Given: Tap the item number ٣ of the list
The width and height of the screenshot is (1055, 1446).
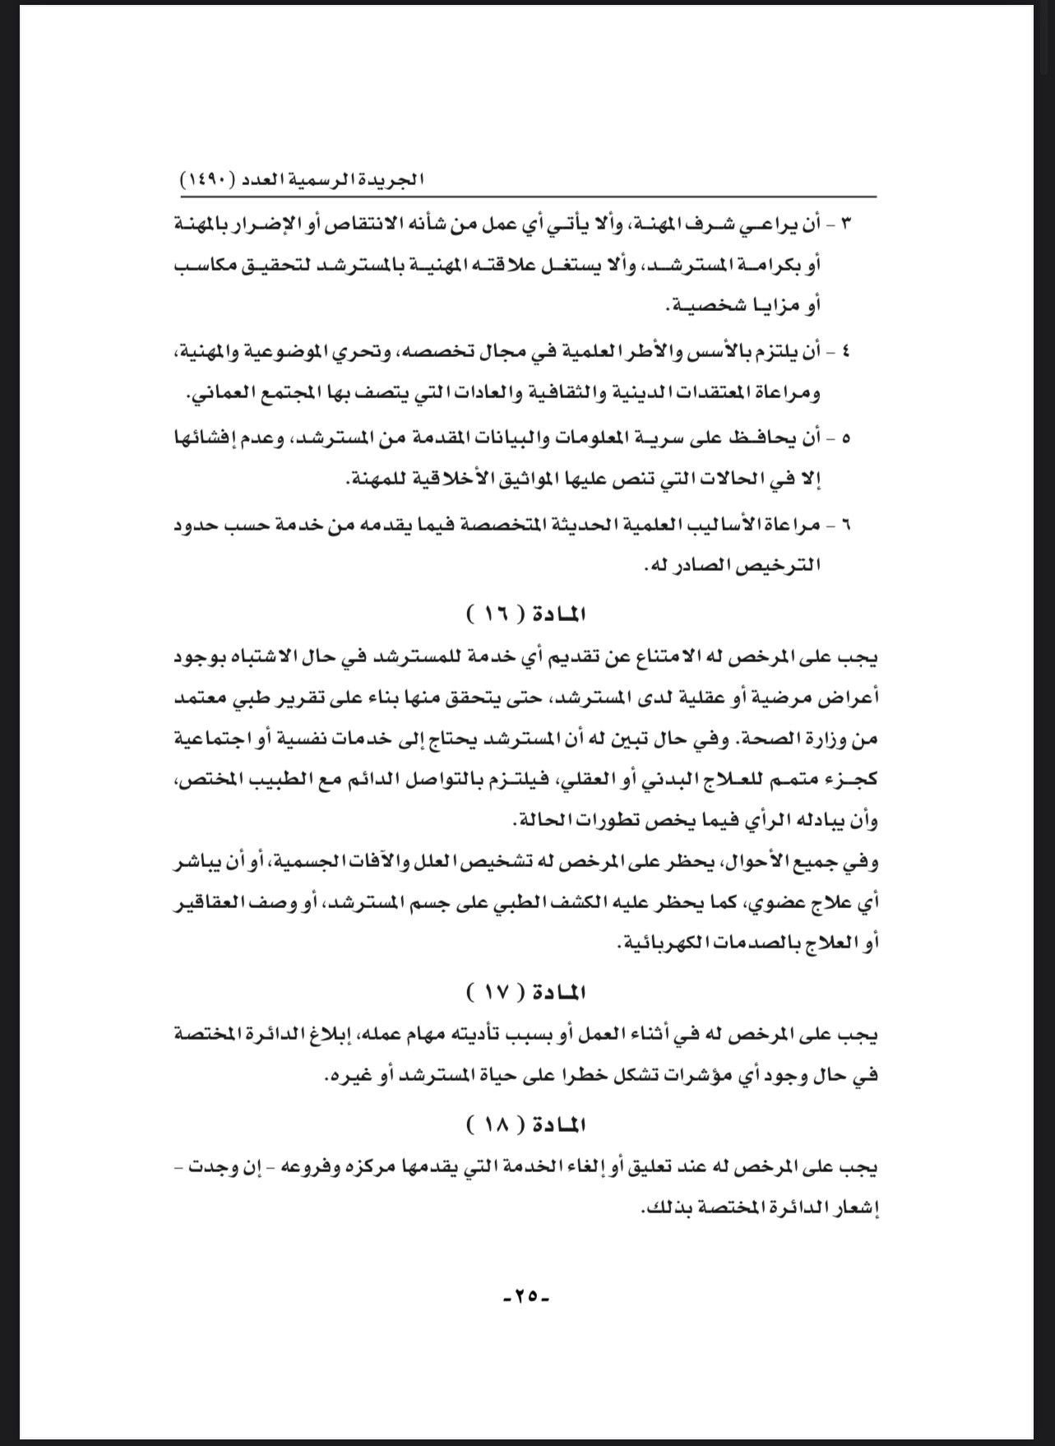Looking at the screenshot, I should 848,225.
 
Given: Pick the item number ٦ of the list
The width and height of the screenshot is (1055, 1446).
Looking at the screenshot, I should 848,524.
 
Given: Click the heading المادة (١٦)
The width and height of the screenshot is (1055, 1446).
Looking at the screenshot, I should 527,614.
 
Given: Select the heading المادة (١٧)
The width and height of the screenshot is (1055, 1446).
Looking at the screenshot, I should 527,992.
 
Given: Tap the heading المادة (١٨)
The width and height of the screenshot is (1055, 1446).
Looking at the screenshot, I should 527,1124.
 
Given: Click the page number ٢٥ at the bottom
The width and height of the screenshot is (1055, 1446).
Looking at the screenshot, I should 526,1296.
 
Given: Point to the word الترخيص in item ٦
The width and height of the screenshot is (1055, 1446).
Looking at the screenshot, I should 782,566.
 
